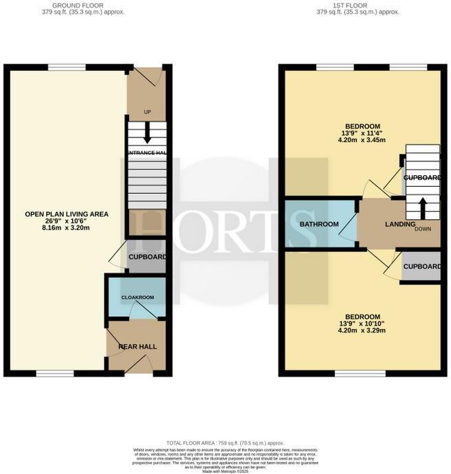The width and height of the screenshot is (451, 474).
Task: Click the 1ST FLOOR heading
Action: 357,5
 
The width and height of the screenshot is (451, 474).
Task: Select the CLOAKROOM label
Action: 137,297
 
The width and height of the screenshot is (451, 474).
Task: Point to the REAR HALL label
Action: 137,347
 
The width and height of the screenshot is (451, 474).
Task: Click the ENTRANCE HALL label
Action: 147,153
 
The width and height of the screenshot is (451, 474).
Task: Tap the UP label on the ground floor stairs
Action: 147,111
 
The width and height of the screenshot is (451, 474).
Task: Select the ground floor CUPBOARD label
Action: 147,257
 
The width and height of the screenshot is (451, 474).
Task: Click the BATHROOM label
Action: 319,225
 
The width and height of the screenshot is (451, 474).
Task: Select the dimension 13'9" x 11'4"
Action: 362,133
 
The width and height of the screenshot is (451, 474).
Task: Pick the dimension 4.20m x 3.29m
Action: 362,330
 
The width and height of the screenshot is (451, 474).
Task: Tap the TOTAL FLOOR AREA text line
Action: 225,443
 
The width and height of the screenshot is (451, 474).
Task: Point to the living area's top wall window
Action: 67,67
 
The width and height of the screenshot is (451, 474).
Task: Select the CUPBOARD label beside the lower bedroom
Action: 421,267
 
